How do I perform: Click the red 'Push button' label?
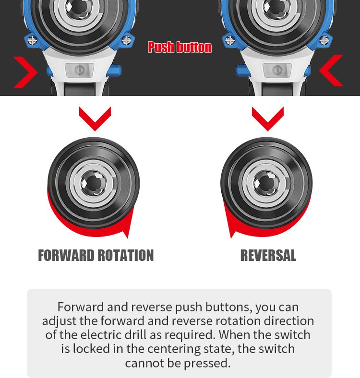(180, 47)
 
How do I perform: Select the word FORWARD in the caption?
(66, 255)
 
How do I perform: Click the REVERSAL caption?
(268, 255)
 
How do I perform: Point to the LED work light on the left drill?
(79, 70)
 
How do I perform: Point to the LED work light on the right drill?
(277, 70)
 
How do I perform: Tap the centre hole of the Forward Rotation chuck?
(93, 183)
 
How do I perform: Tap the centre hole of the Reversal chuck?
(266, 183)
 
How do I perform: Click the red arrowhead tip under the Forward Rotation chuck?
(127, 238)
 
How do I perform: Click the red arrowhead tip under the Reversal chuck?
(231, 238)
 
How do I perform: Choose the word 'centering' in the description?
(174, 349)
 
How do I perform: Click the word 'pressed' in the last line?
(206, 363)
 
